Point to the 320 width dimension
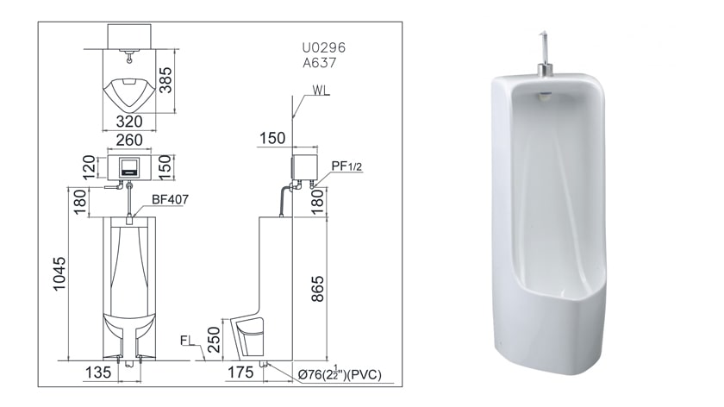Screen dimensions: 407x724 pos(128,122)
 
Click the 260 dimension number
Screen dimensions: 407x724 pos(128,141)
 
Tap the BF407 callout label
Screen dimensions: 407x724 pos(170,199)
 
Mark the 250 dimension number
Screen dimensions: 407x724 pos(214,339)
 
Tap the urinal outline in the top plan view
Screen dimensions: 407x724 pos(128,90)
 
